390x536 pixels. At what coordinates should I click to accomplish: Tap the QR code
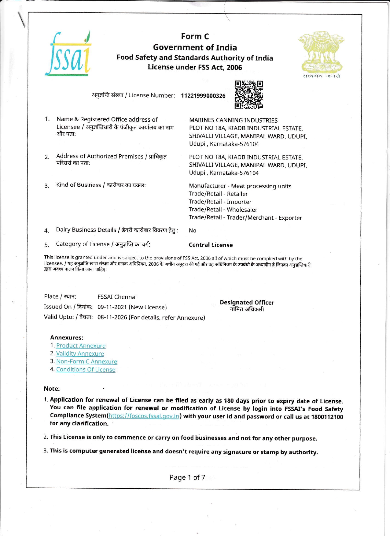pyautogui.click(x=248, y=95)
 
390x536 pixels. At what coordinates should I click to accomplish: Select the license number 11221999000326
pyautogui.click(x=203, y=96)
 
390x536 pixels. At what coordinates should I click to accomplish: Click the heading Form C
pyautogui.click(x=195, y=36)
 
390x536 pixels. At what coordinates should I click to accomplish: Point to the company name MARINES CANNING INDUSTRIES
pyautogui.click(x=233, y=120)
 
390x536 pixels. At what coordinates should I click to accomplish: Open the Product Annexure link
pyautogui.click(x=81, y=346)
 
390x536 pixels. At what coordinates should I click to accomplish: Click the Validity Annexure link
pyautogui.click(x=80, y=354)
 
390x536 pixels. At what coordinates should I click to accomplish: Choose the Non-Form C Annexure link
pyautogui.click(x=86, y=362)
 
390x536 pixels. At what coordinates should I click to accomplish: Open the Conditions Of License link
pyautogui.click(x=86, y=370)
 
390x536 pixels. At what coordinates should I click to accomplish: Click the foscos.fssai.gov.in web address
pyautogui.click(x=144, y=416)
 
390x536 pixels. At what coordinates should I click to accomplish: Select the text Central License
pyautogui.click(x=211, y=245)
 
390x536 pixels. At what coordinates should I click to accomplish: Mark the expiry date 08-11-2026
pyautogui.click(x=112, y=317)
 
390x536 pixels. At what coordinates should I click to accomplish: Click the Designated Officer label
pyautogui.click(x=247, y=303)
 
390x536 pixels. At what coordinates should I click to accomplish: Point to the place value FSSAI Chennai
pyautogui.click(x=117, y=297)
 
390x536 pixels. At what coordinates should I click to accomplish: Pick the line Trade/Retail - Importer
pyautogui.click(x=220, y=202)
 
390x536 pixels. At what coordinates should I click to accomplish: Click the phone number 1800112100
pyautogui.click(x=327, y=417)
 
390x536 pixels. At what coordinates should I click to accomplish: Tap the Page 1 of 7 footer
pyautogui.click(x=187, y=478)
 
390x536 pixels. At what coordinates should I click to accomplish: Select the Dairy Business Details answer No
pyautogui.click(x=192, y=230)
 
